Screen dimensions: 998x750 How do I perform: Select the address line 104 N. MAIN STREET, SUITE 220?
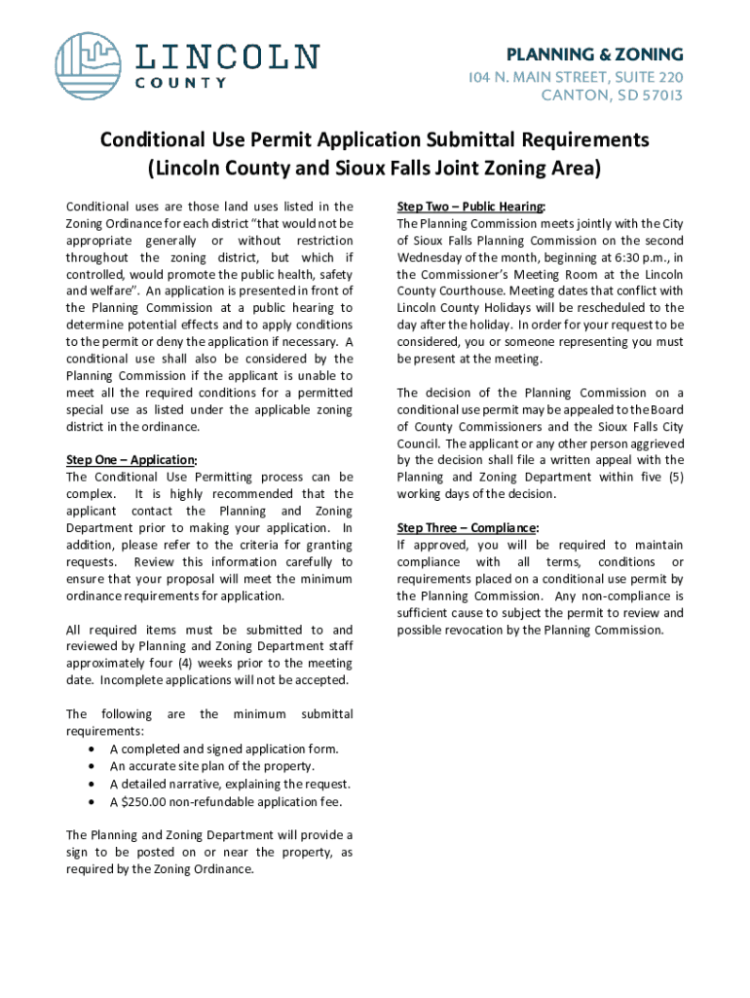pos(588,76)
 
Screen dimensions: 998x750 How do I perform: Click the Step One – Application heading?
pos(131,460)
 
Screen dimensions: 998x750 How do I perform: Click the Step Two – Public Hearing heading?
pos(471,207)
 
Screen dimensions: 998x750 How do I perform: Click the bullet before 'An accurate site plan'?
pos(91,766)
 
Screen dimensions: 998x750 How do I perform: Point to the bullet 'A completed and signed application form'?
pos(224,748)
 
